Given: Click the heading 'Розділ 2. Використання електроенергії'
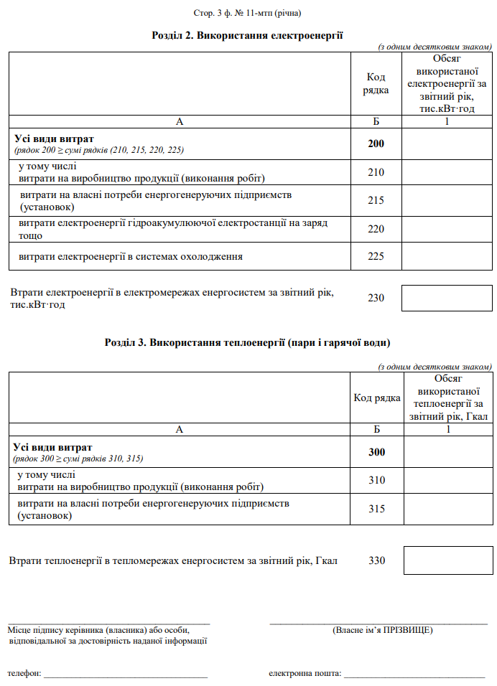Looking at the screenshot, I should click(x=248, y=34).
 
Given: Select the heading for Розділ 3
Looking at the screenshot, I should click(x=248, y=342).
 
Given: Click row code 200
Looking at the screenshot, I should click(x=376, y=144).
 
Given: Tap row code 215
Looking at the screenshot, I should click(x=376, y=201).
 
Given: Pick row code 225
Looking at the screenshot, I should click(x=376, y=256).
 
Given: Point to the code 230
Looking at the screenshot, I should click(x=376, y=298).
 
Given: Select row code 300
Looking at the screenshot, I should click(x=376, y=452).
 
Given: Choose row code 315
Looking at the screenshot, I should click(x=376, y=509).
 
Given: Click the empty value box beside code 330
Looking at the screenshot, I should click(x=448, y=560).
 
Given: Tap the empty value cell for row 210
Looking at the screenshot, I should click(x=446, y=172).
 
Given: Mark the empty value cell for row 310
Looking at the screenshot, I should click(x=448, y=480).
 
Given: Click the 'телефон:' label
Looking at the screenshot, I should click(x=24, y=674).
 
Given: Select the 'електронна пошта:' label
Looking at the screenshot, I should click(x=305, y=674).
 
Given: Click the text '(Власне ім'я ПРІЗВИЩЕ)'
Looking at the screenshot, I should click(x=382, y=630).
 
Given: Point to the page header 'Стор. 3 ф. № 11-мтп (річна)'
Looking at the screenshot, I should click(x=248, y=14).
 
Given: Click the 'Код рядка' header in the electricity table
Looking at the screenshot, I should click(x=376, y=84).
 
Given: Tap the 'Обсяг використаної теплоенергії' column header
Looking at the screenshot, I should click(x=448, y=397).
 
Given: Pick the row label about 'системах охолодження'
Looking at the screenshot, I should click(x=131, y=256).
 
